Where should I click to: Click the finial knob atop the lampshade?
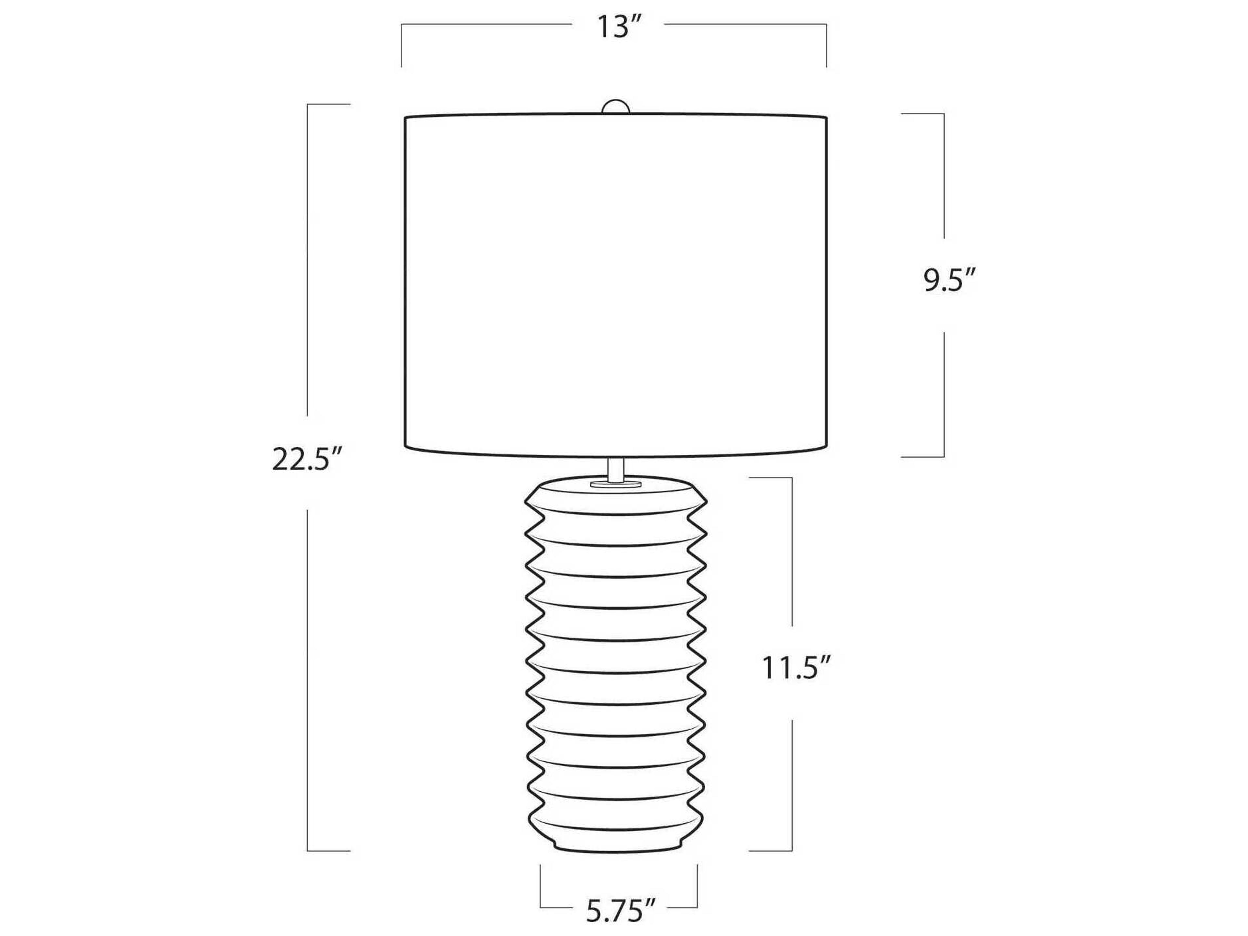(617, 108)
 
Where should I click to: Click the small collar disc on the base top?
(617, 484)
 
